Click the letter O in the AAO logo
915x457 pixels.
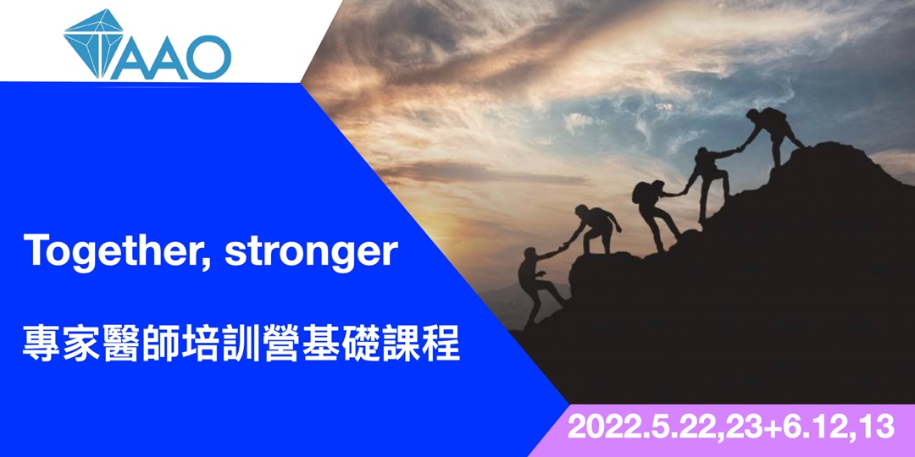[x=207, y=58]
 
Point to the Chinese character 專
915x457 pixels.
[x=42, y=345]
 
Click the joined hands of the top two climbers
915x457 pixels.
[x=737, y=151]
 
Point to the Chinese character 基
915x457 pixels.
[x=325, y=345]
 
